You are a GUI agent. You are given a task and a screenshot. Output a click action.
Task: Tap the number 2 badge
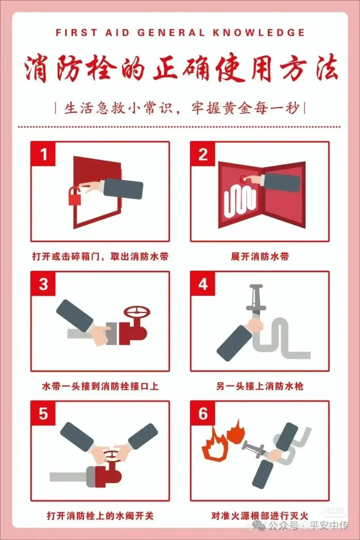pyautogui.click(x=203, y=154)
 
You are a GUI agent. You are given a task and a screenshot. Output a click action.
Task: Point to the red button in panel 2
pyautogui.click(x=243, y=179)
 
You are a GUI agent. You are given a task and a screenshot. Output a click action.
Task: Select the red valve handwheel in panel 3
pyautogui.click(x=137, y=312)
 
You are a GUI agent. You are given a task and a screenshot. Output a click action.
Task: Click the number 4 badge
pyautogui.click(x=203, y=284)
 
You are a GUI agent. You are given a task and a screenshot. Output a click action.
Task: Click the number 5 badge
pyautogui.click(x=43, y=414)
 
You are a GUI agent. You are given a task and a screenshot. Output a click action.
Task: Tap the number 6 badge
pyautogui.click(x=203, y=414)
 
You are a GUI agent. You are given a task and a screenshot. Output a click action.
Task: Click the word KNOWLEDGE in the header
pyautogui.click(x=259, y=33)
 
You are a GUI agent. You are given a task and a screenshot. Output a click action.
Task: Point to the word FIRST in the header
pyautogui.click(x=76, y=33)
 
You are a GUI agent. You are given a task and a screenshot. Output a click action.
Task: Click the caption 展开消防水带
pyautogui.click(x=260, y=256)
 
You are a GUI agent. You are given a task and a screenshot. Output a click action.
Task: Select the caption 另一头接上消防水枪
pyautogui.click(x=260, y=387)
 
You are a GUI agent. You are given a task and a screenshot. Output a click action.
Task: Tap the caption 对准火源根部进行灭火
pyautogui.click(x=260, y=516)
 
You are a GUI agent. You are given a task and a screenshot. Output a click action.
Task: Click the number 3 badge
pyautogui.click(x=43, y=284)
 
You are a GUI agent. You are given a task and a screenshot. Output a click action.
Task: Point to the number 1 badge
pyautogui.click(x=43, y=154)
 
